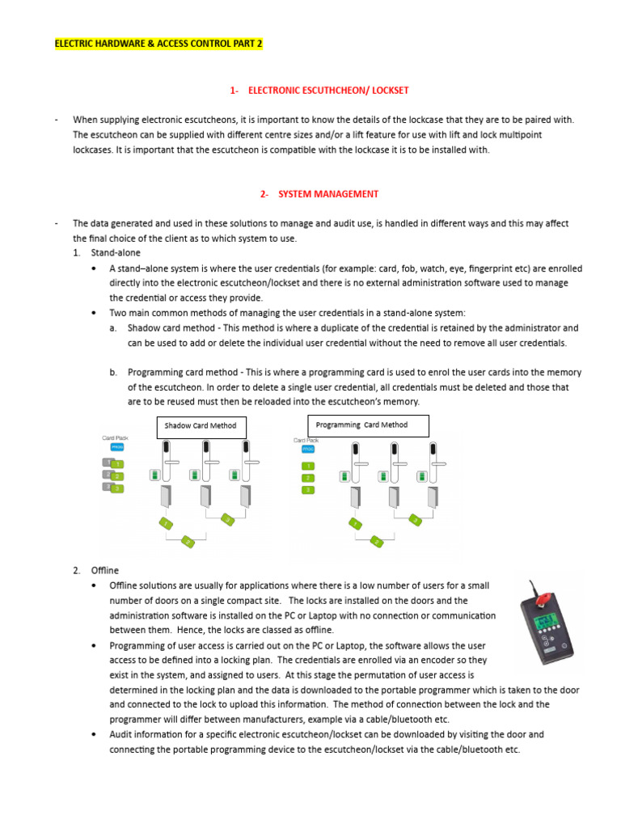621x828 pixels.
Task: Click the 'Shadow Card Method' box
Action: pyautogui.click(x=201, y=425)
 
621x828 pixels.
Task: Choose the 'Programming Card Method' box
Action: pyautogui.click(x=368, y=425)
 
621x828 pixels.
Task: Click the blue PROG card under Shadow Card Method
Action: pyautogui.click(x=116, y=446)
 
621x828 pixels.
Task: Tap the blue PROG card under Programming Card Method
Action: pyautogui.click(x=308, y=448)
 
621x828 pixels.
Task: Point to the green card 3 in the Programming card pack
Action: pyautogui.click(x=308, y=490)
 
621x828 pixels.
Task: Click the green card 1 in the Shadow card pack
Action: pyautogui.click(x=117, y=464)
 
